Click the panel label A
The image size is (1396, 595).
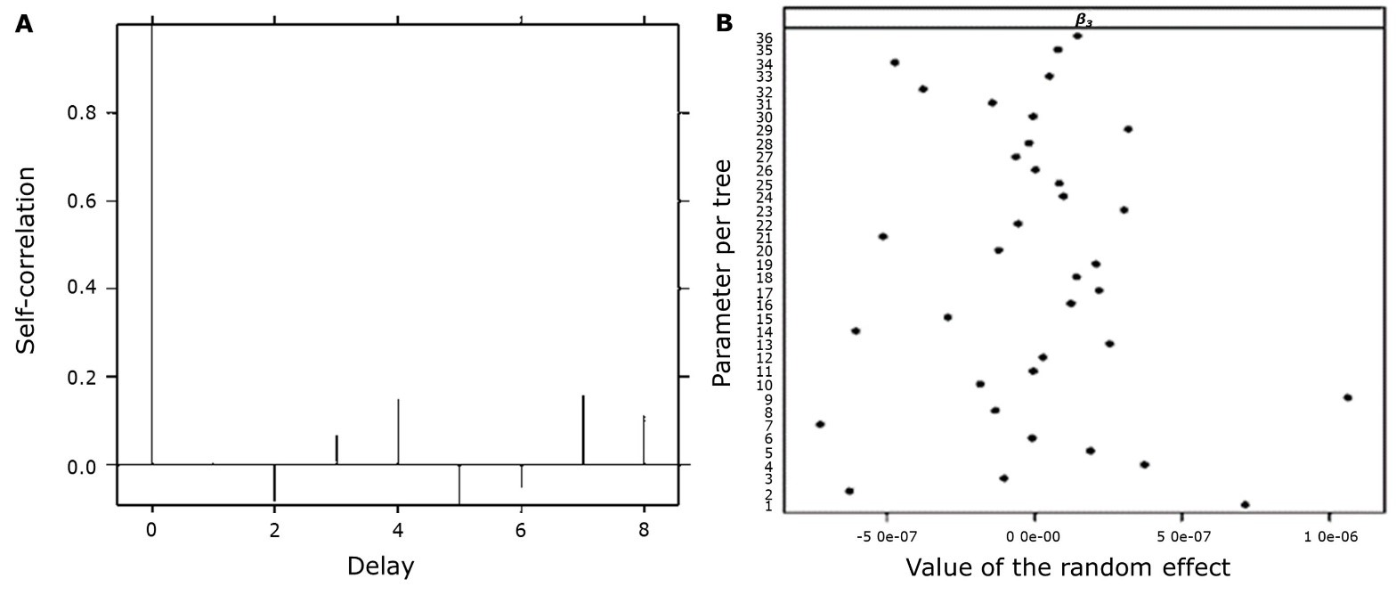24,24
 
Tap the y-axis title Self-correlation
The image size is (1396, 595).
27,260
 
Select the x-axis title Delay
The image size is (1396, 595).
380,566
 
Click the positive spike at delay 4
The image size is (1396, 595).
398,432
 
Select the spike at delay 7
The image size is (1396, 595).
583,429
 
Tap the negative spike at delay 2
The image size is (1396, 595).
274,482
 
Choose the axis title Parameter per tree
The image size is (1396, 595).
722,273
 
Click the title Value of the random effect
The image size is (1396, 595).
1067,567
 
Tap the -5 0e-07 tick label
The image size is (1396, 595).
886,538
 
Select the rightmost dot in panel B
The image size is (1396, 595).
1347,397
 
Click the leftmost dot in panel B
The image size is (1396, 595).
820,424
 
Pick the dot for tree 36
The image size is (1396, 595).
1077,36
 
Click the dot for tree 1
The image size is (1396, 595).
1245,505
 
